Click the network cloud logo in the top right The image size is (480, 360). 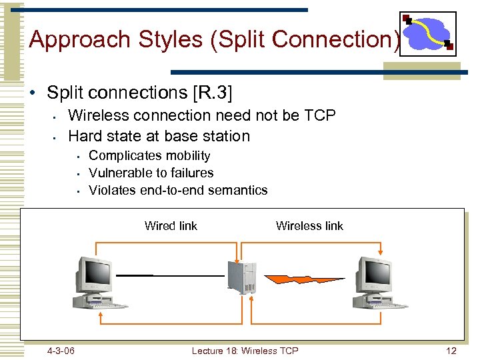click(427, 33)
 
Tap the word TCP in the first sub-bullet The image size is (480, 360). click(319, 115)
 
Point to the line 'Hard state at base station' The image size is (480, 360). click(159, 136)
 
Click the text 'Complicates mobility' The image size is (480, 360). click(149, 156)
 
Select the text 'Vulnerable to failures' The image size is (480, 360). click(151, 173)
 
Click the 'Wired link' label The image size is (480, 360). click(171, 226)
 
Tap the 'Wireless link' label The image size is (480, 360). click(309, 226)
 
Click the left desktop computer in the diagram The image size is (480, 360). click(97, 283)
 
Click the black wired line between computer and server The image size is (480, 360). click(170, 275)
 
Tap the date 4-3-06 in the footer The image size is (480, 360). click(61, 351)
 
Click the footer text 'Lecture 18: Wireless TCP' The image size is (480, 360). click(245, 351)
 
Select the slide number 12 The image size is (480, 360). click(451, 351)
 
